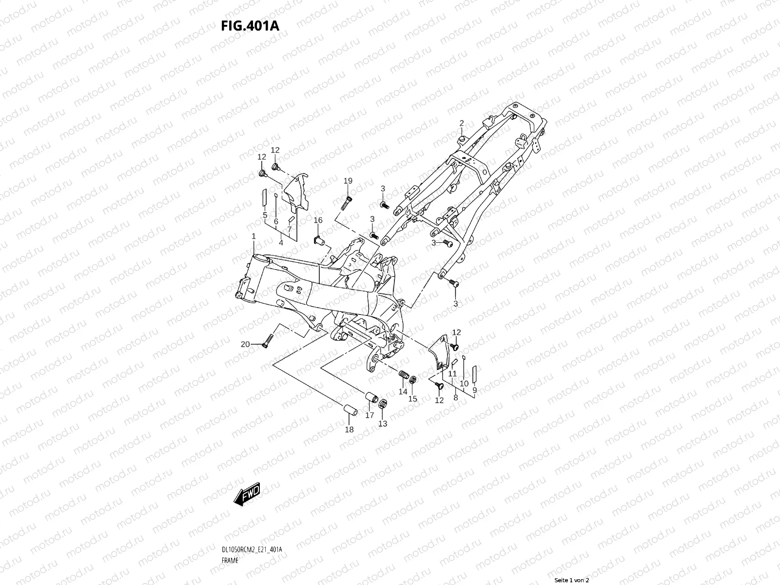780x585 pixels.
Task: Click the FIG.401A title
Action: click(x=251, y=25)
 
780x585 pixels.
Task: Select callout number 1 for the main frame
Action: click(x=254, y=236)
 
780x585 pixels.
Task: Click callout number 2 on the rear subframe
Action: click(x=461, y=123)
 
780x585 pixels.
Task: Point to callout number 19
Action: click(x=348, y=181)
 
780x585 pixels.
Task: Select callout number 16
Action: click(x=318, y=220)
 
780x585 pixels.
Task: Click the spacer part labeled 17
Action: click(x=373, y=397)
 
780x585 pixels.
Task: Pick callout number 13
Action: click(x=383, y=424)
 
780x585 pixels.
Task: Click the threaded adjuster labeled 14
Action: click(x=402, y=376)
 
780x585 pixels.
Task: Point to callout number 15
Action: click(x=412, y=398)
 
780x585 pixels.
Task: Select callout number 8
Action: click(x=455, y=397)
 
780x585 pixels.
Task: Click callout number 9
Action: click(x=474, y=390)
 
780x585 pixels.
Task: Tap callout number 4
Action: click(x=281, y=242)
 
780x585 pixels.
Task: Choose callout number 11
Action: click(x=452, y=373)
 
